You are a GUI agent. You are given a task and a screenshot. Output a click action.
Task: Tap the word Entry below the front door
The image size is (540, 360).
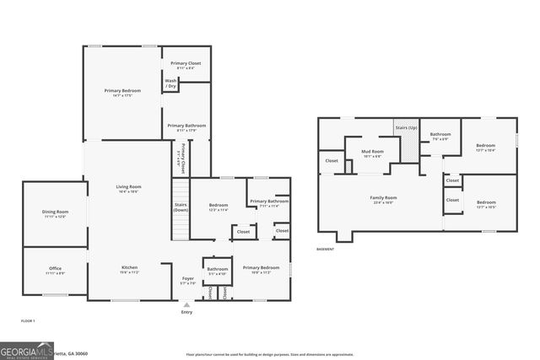tap(186, 312)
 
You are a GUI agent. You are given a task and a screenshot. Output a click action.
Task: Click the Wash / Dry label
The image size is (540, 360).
tap(170, 83)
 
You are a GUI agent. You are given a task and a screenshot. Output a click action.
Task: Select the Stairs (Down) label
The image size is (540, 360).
tap(181, 207)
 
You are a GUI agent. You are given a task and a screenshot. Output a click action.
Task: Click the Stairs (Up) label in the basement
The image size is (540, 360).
tap(406, 127)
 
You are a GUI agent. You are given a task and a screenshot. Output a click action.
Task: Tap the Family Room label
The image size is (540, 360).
tap(382, 198)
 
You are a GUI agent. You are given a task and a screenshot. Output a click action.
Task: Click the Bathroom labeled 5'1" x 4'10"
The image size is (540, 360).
tap(217, 269)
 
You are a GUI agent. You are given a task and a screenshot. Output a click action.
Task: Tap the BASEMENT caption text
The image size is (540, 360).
tap(325, 249)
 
